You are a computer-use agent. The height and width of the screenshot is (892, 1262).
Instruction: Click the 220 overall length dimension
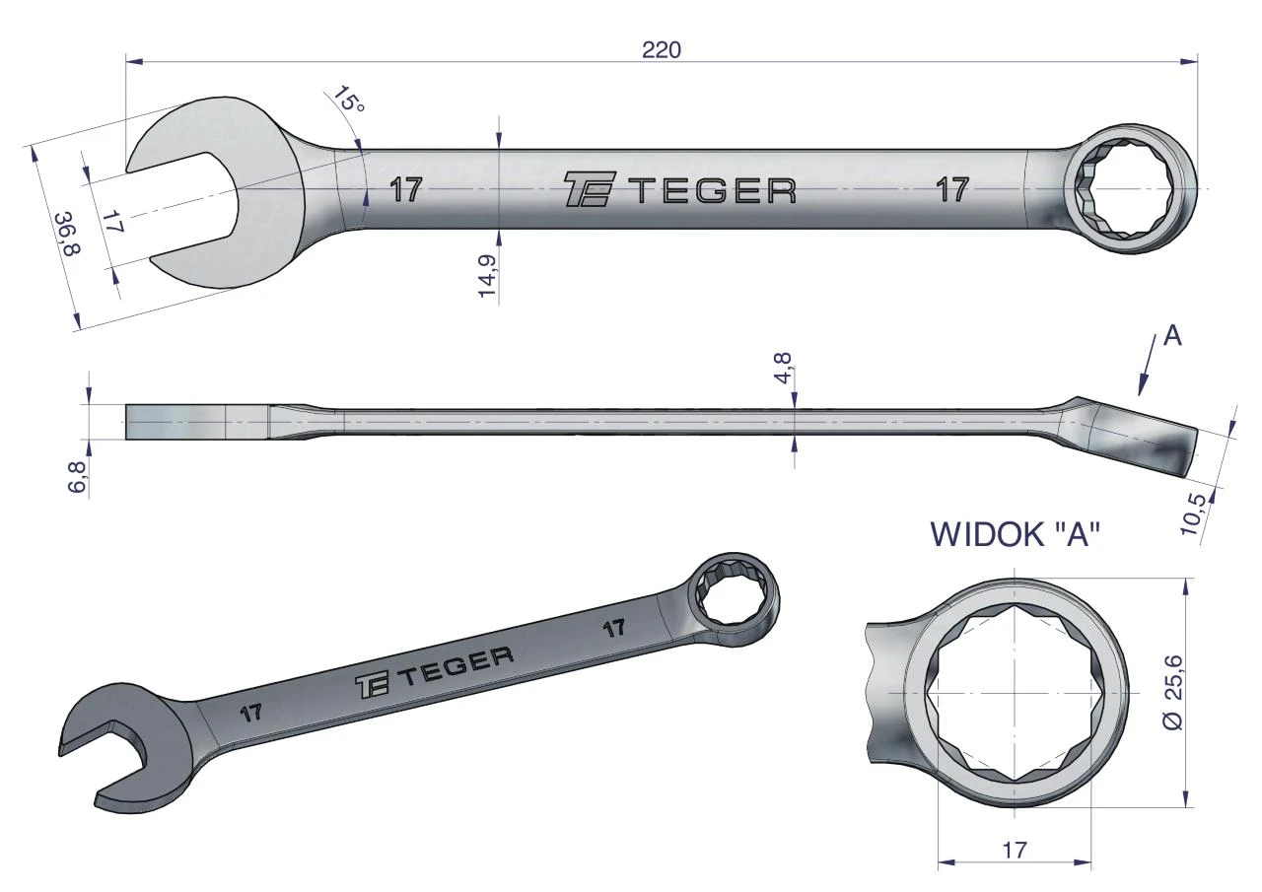[x=662, y=50]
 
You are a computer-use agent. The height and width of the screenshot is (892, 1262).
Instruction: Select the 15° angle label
[x=349, y=101]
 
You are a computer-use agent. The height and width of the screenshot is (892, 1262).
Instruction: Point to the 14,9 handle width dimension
[x=486, y=275]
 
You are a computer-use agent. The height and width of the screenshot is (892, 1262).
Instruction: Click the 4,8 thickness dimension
[x=783, y=368]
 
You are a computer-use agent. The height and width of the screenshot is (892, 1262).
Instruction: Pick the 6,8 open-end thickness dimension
[x=77, y=477]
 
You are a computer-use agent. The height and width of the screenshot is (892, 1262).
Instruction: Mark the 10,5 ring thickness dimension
[x=1193, y=514]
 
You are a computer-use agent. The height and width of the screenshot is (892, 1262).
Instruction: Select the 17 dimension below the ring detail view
[x=1015, y=850]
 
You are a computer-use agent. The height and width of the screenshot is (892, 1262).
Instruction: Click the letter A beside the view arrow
[x=1172, y=337]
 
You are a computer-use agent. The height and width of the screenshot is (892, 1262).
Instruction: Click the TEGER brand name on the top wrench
[x=716, y=190]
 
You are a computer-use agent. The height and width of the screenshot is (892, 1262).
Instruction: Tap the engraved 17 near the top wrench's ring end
[x=952, y=189]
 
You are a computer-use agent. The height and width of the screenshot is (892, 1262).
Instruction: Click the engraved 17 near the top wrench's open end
[x=405, y=190]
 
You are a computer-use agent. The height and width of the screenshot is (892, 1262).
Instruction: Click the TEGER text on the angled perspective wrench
[x=456, y=667]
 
